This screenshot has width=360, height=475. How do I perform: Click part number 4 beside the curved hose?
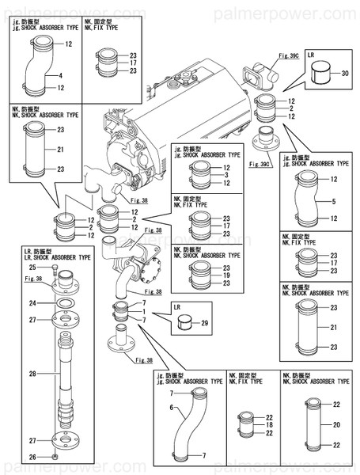click(60, 76)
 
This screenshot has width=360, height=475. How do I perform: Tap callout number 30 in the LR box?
click(345, 73)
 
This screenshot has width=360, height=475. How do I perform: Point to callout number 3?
click(227, 175)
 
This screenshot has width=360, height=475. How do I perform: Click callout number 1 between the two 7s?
click(145, 312)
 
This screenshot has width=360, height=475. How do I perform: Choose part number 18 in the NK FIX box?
click(270, 425)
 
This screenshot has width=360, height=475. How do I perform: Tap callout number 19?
click(227, 276)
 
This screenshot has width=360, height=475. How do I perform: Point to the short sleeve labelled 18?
click(246, 425)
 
